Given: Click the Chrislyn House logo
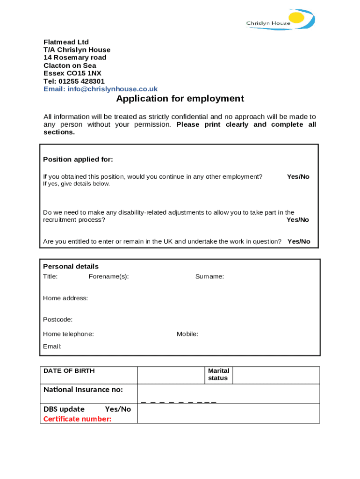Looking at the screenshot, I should (280, 20).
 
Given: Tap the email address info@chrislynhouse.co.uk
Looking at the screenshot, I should (112, 89).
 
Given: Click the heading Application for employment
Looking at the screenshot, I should (180, 99).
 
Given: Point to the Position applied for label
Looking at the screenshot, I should (78, 160).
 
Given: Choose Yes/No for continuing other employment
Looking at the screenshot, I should (298, 177).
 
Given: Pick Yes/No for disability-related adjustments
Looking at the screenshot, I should (298, 220).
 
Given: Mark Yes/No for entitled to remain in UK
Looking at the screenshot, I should (299, 242).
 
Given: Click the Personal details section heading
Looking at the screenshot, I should (71, 267).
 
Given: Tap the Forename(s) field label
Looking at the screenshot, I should (108, 276).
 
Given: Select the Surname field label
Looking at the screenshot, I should (209, 276).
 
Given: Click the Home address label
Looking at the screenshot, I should (65, 298).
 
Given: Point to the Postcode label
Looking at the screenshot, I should (58, 319).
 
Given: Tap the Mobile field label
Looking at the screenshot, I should (187, 334).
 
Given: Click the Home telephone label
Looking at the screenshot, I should (68, 334).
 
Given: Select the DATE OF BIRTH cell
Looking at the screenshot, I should (69, 371).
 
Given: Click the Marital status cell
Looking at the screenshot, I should (218, 374).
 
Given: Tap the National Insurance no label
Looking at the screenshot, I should (83, 390).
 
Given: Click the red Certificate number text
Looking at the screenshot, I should (77, 419).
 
